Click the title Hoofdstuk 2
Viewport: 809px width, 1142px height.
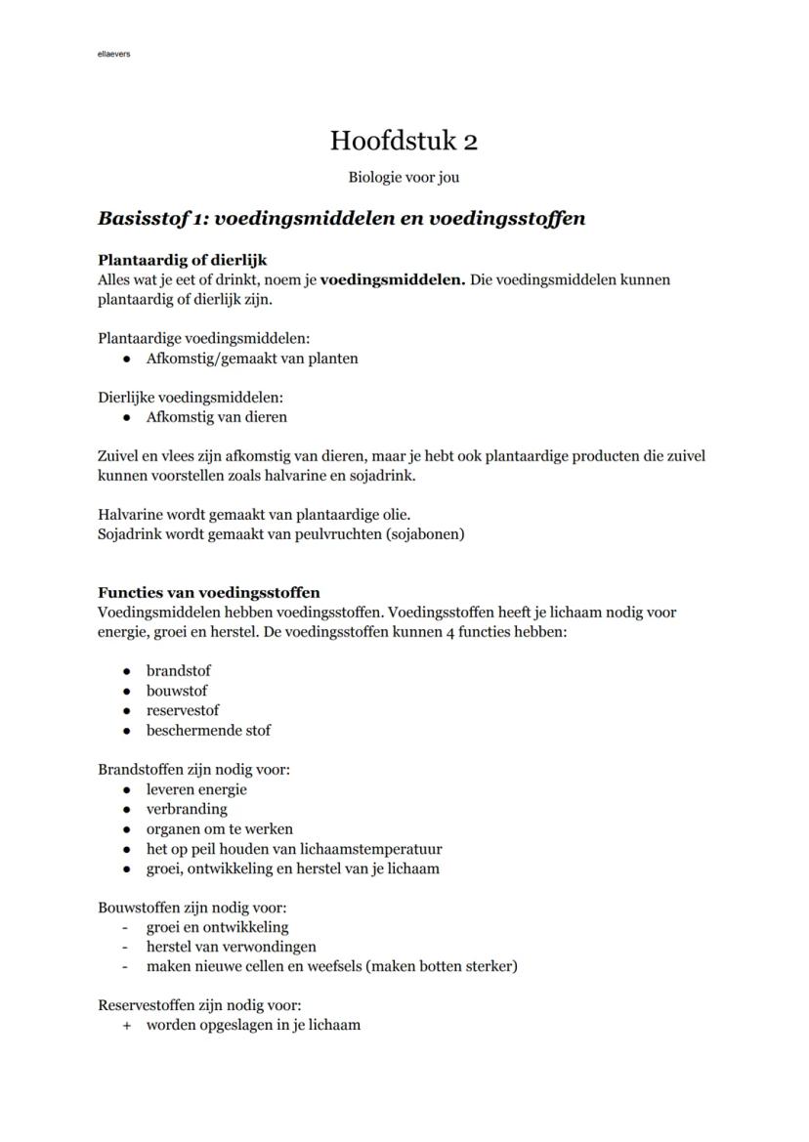(404, 141)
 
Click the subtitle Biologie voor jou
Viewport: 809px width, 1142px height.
(404, 178)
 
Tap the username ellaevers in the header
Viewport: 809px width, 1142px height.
(114, 54)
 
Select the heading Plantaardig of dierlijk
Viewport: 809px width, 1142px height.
(183, 260)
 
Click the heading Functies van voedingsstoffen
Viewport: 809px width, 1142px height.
(209, 593)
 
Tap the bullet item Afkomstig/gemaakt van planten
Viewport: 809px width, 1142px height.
(252, 359)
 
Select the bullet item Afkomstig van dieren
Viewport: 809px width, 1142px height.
(217, 417)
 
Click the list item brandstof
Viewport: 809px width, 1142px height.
(179, 671)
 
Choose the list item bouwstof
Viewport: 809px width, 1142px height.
(177, 691)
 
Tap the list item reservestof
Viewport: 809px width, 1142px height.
(183, 710)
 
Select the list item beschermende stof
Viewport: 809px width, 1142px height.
(208, 730)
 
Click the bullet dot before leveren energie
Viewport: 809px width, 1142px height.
(126, 790)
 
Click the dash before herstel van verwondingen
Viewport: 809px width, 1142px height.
(125, 947)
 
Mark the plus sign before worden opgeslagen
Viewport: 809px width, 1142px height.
(126, 1026)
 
